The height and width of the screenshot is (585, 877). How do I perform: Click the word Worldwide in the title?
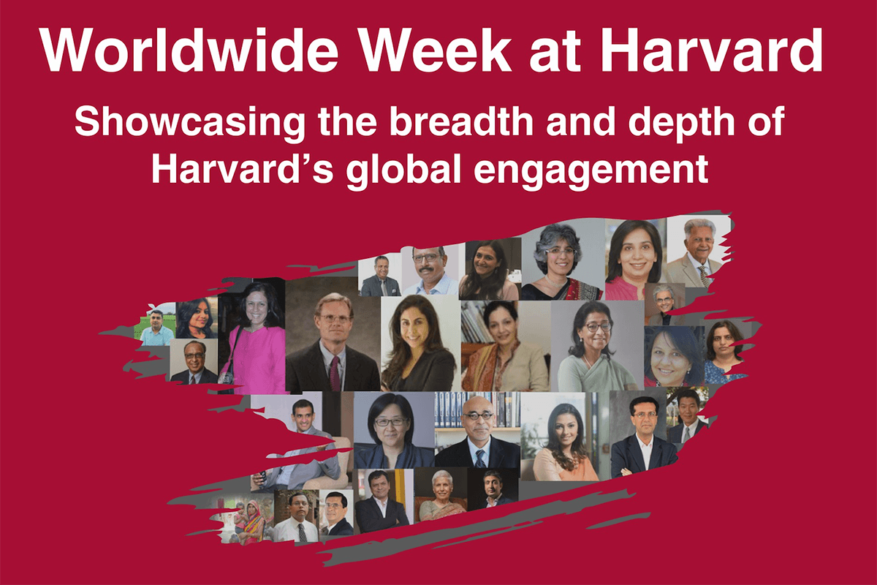pyautogui.click(x=189, y=50)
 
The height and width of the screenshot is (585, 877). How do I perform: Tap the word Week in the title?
pyautogui.click(x=436, y=50)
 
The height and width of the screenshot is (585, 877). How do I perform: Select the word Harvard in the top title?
pyautogui.click(x=711, y=50)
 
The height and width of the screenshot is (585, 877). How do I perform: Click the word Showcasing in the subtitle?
pyautogui.click(x=190, y=122)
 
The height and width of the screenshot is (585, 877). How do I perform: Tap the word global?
pyautogui.click(x=403, y=171)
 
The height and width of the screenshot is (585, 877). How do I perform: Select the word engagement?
pyautogui.click(x=591, y=171)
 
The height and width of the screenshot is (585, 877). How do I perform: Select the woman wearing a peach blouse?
pyautogui.click(x=563, y=442)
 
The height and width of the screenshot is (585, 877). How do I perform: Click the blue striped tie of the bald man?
pyautogui.click(x=480, y=458)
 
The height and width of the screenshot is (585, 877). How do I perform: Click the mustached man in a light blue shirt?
pyautogui.click(x=430, y=271)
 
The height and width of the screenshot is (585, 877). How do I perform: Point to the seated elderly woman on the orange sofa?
pyautogui.click(x=442, y=495)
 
